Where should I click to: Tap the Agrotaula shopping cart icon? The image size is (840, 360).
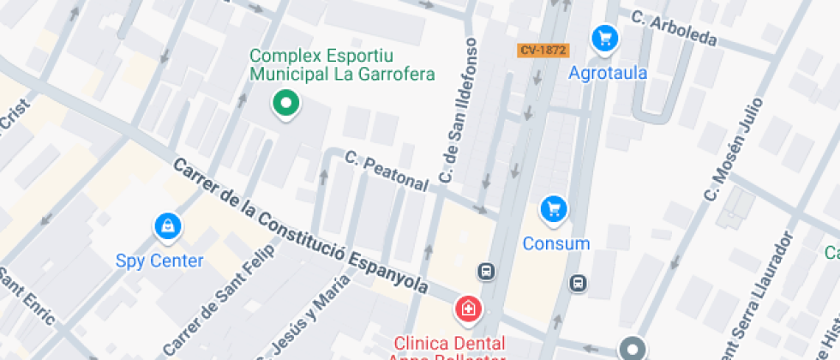point(605,38)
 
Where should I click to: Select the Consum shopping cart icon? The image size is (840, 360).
point(554,208)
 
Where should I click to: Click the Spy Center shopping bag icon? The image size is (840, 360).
point(166,226)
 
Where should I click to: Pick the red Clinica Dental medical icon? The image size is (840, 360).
point(467,308)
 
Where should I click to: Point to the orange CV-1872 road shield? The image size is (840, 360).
point(543,50)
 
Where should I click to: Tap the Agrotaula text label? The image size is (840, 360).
point(608,73)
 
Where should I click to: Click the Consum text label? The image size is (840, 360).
point(556,243)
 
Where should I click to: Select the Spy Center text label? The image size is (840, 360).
point(160,261)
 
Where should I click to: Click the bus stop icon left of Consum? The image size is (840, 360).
point(487,272)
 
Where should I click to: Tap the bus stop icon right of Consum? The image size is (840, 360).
point(579,282)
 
